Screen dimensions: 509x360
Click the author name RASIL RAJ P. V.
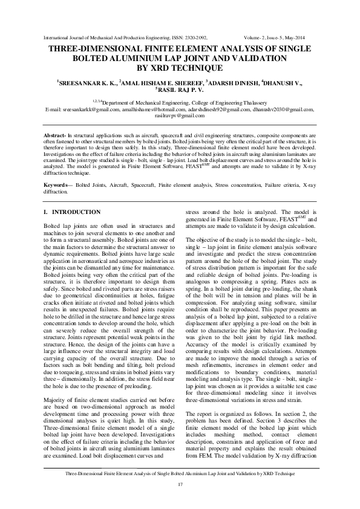(x=181, y=89)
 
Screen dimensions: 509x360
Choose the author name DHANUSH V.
(x=284, y=81)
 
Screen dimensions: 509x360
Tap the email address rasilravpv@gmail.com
(x=180, y=114)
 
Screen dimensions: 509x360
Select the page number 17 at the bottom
(x=180, y=485)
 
